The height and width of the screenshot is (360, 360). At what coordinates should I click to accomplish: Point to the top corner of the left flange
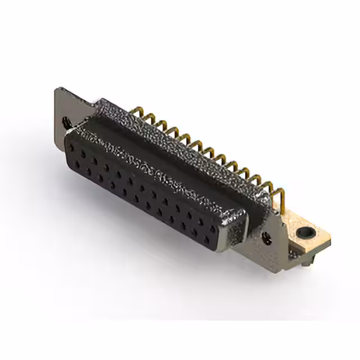58,88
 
